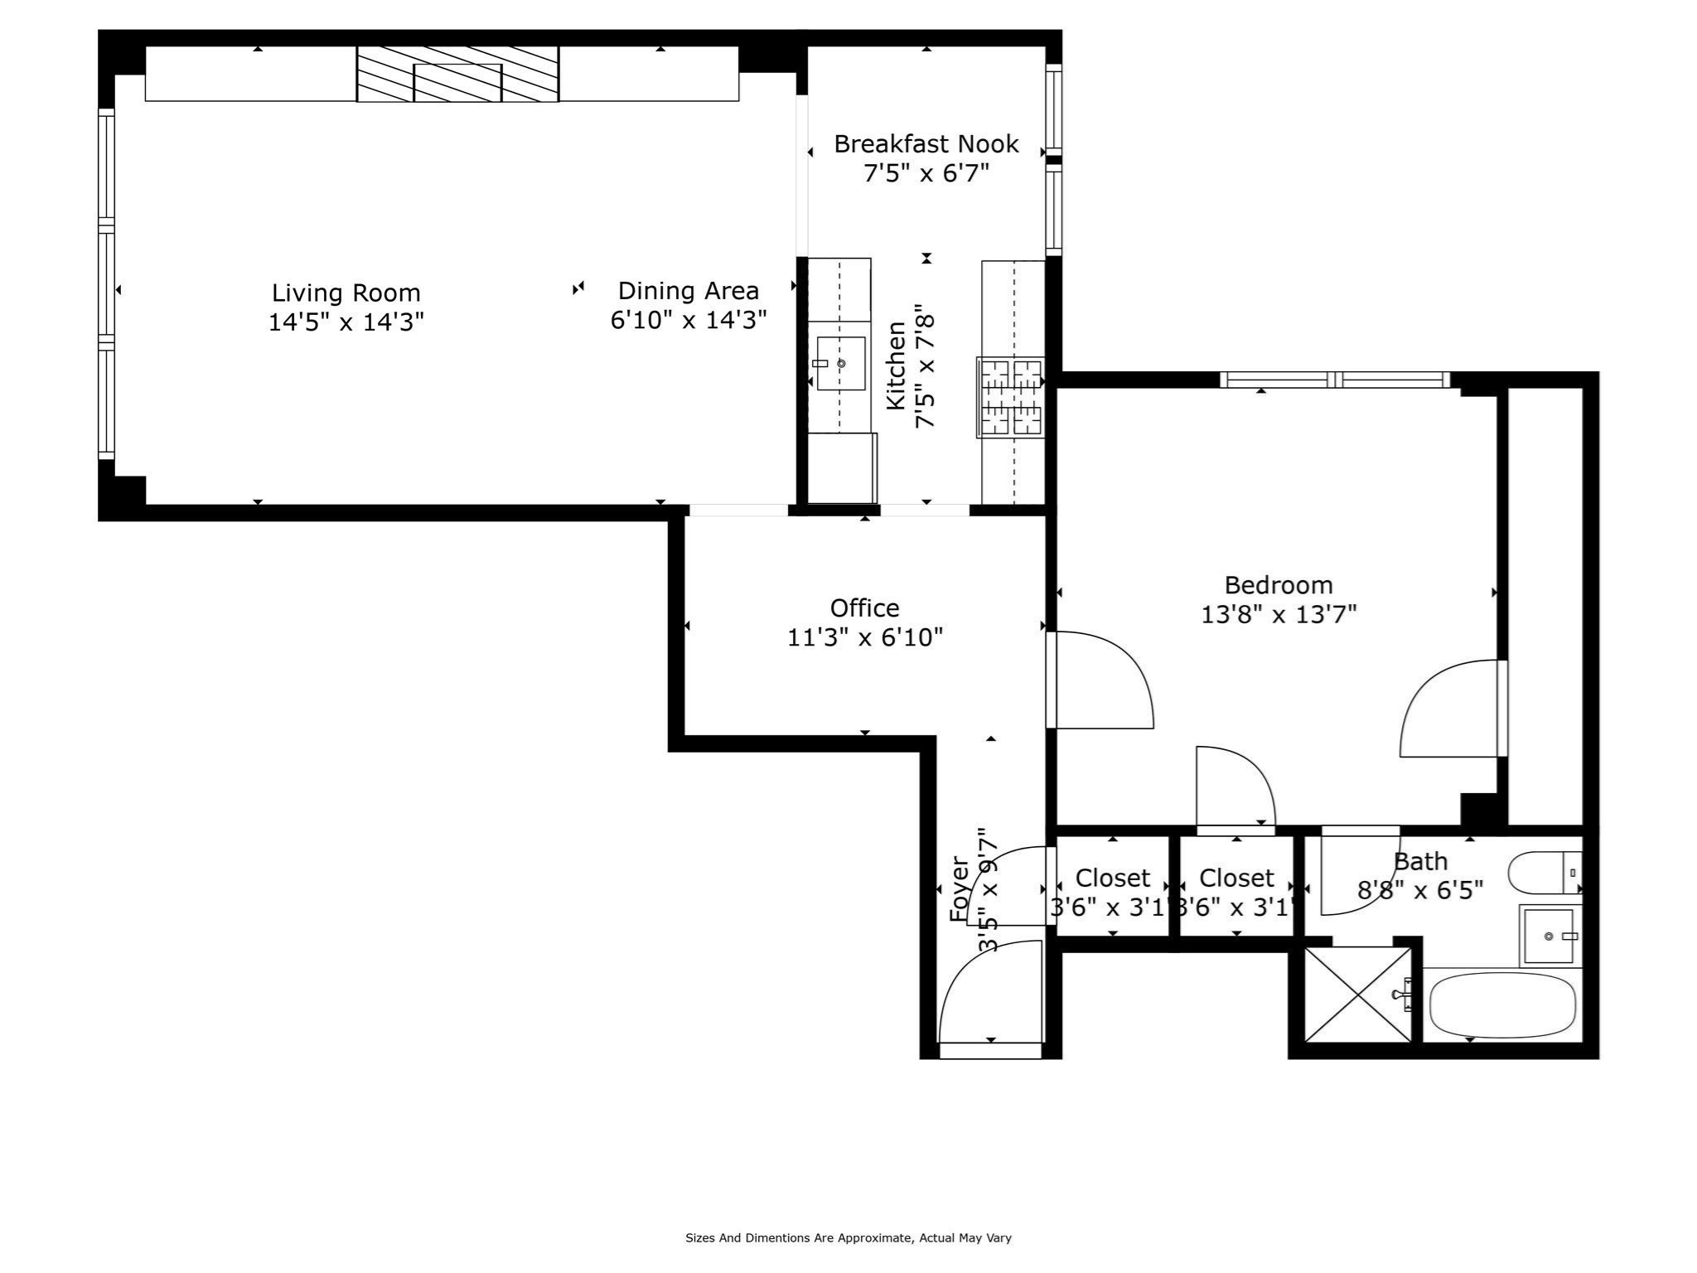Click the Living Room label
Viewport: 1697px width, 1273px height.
click(x=346, y=293)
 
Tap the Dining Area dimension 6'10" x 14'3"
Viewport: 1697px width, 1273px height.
click(x=688, y=320)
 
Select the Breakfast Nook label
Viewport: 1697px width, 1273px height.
click(x=926, y=144)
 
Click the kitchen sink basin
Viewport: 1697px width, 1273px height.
click(x=841, y=363)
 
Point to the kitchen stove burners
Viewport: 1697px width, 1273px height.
click(x=1011, y=397)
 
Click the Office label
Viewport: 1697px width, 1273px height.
click(x=864, y=608)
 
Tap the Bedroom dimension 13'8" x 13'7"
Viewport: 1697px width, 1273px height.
click(x=1279, y=615)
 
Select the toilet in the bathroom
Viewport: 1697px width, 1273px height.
click(x=1543, y=873)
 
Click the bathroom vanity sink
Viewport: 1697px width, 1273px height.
click(x=1549, y=937)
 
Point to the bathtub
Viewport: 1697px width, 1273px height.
click(x=1501, y=1004)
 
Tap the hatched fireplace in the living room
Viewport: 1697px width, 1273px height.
click(x=457, y=75)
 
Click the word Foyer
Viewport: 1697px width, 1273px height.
click(x=959, y=889)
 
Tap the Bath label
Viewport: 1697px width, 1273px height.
click(x=1420, y=862)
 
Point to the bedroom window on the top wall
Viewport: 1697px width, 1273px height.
click(x=1334, y=380)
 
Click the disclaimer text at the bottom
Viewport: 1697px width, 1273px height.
click(x=848, y=1238)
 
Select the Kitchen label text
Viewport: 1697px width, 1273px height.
click(x=896, y=365)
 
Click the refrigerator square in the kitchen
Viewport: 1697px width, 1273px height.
click(x=842, y=468)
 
